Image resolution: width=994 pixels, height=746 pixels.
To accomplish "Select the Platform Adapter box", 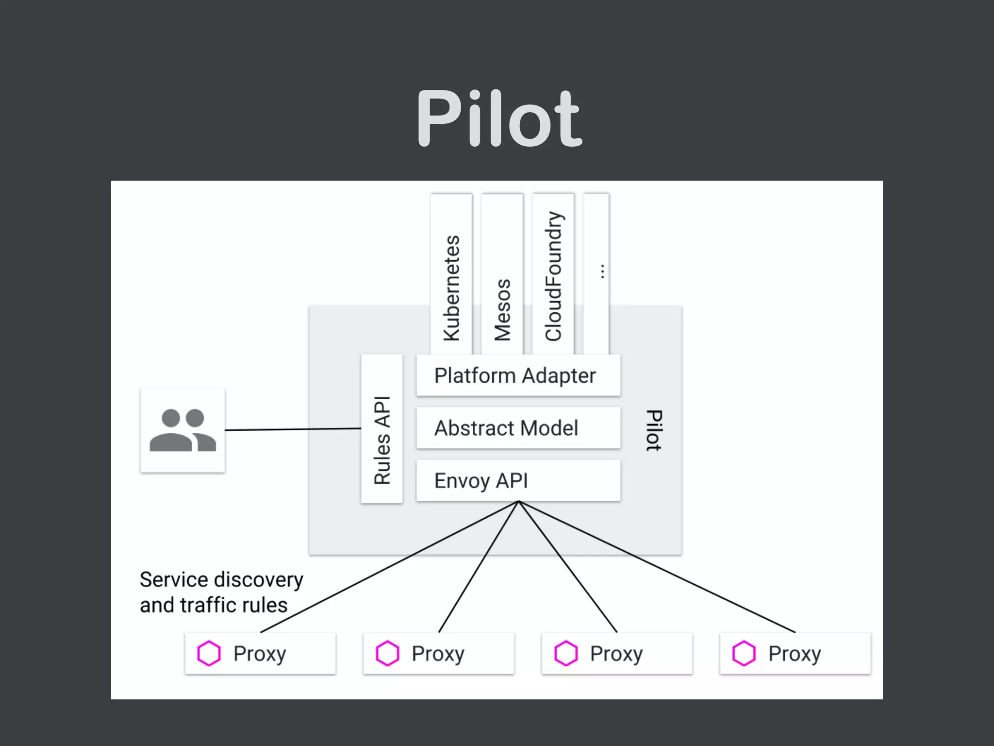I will pyautogui.click(x=518, y=375).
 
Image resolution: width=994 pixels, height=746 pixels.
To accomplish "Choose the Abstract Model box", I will pyautogui.click(x=518, y=428).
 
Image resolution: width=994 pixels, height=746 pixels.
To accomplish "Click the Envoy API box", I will pyautogui.click(x=518, y=480).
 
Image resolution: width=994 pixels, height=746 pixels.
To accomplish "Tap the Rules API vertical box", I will pyautogui.click(x=382, y=429).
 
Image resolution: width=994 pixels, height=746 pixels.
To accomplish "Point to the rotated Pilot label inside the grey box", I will pyautogui.click(x=654, y=430).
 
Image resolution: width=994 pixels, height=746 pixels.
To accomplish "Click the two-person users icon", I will pyautogui.click(x=182, y=430).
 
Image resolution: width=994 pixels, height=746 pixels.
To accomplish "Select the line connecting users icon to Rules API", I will pyautogui.click(x=293, y=429).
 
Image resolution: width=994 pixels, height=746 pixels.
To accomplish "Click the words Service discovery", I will pyautogui.click(x=221, y=579).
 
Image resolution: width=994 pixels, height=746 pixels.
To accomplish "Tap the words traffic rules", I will pyautogui.click(x=234, y=605).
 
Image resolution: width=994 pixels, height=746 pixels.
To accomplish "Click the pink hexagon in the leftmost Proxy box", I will pyautogui.click(x=209, y=653).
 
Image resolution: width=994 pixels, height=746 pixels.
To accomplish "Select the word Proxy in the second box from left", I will pyautogui.click(x=438, y=653).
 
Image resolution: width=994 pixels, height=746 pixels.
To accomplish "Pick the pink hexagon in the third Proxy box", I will pyautogui.click(x=566, y=653).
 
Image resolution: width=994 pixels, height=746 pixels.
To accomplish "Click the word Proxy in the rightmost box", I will pyautogui.click(x=795, y=653).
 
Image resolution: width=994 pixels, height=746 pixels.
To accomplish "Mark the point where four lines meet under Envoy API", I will pyautogui.click(x=518, y=502).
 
